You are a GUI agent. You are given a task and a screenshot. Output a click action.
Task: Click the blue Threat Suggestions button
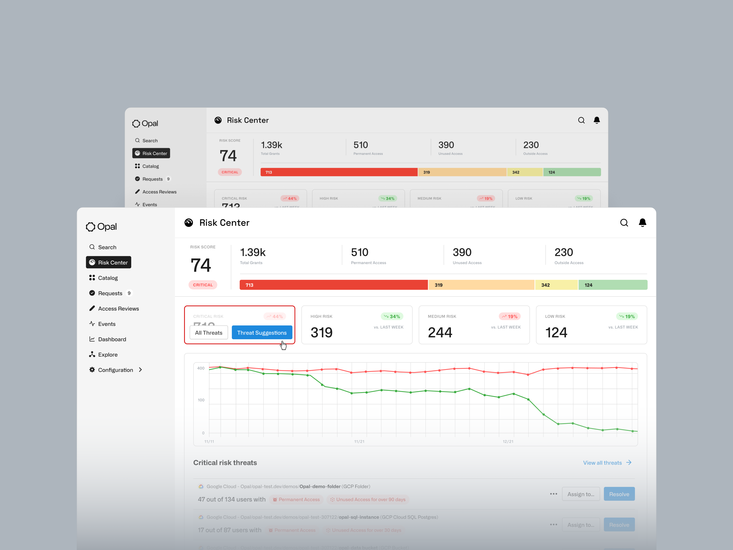[262, 332]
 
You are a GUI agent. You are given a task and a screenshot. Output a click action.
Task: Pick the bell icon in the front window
[642, 223]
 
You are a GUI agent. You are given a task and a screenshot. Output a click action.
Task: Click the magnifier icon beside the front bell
[624, 223]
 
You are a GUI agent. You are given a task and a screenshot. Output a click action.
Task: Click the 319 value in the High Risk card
[321, 332]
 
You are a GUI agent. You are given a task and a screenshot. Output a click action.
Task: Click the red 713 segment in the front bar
[333, 285]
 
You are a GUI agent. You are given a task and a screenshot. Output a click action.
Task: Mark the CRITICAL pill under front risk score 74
[203, 285]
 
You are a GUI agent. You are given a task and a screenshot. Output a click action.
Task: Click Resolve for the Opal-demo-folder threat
[619, 494]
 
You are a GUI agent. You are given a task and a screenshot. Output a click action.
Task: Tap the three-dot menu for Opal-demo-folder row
[553, 494]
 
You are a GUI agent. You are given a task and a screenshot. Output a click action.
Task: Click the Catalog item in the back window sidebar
[151, 166]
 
